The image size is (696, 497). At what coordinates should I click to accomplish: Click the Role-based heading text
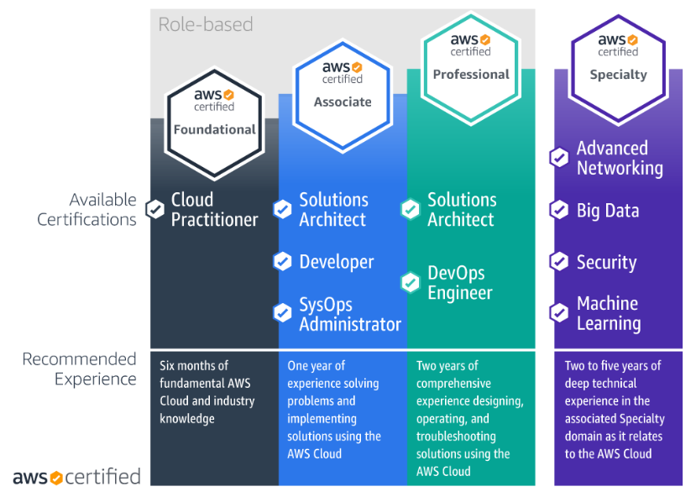[x=206, y=24]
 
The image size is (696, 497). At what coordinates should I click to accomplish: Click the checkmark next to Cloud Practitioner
[x=155, y=209]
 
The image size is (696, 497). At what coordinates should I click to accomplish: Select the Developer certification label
[x=336, y=262]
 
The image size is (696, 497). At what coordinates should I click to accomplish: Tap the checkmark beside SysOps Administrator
[x=283, y=313]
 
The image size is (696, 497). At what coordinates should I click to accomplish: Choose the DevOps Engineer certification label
[x=460, y=283]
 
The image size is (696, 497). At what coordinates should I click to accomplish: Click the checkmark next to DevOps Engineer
[x=411, y=282]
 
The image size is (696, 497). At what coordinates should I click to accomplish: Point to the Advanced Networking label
[x=619, y=158]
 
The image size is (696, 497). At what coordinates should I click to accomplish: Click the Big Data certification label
[x=607, y=211]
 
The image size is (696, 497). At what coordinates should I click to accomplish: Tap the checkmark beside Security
[x=559, y=262]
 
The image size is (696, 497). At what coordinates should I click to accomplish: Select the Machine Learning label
[x=608, y=313]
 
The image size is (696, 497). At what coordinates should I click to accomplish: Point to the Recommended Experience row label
[x=80, y=369]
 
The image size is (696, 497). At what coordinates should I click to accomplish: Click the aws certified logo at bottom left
[x=76, y=477]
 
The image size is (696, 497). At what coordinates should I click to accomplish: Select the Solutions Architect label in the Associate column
[x=333, y=210]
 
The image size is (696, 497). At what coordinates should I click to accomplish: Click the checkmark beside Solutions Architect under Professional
[x=411, y=209]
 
